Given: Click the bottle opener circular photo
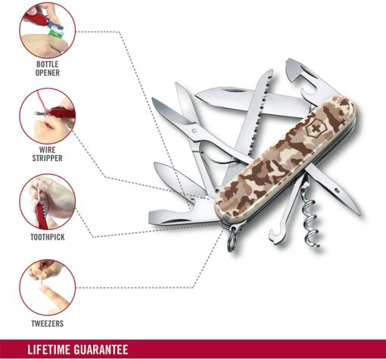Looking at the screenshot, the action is coord(48,30).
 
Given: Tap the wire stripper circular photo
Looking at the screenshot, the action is coord(48,116).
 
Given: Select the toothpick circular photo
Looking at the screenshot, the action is coord(48,202).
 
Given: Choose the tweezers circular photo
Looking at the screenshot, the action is coord(48,287).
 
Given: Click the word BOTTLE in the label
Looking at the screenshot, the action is coord(48,64).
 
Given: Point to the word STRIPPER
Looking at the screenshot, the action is coord(48,158).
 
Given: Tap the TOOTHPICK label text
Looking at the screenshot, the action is coord(48,237).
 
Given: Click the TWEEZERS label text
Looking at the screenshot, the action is coord(48,324).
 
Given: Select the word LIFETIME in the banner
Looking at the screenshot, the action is coord(48,350).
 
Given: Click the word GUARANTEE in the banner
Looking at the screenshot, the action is coord(101,350).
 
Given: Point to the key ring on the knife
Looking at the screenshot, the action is coord(232,239).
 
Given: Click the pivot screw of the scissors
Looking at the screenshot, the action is coord(194,131).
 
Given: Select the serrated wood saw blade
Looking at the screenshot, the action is coord(255,119).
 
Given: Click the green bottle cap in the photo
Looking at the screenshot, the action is coord(55,33).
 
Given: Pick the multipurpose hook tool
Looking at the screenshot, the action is coord(285,214).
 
